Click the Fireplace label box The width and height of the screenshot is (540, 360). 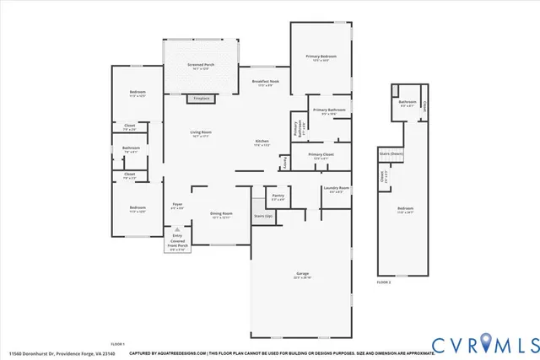pos(201,99)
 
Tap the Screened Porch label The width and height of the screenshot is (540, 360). pos(200,65)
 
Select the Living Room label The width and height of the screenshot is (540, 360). pos(200,134)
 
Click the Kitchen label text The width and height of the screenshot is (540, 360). pos(262,142)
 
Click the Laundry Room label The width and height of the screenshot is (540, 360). pos(335,189)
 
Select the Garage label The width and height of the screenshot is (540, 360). pos(302,276)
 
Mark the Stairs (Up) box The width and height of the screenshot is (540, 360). pos(263,216)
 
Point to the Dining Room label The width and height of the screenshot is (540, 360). pos(221,215)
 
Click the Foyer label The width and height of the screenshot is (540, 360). pos(178,205)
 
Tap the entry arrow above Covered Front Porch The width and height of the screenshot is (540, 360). pos(177,229)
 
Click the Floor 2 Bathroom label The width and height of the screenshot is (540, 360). pos(407,104)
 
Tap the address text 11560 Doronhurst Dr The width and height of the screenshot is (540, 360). pos(34,353)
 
